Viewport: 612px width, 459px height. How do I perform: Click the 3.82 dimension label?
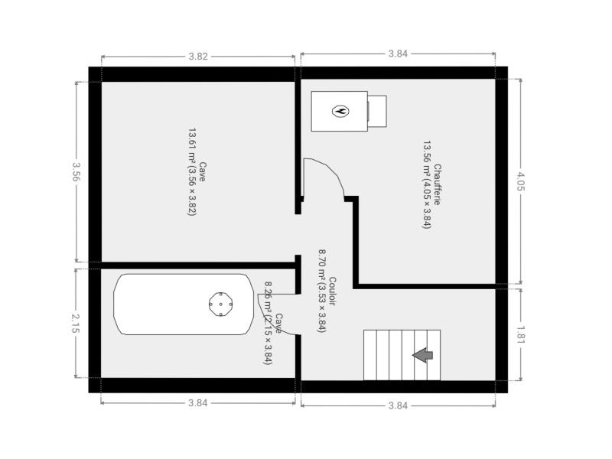(198, 57)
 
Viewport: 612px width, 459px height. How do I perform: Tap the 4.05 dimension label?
(522, 182)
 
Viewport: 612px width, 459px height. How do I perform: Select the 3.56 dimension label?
(76, 171)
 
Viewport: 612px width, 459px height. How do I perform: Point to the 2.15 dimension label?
(76, 324)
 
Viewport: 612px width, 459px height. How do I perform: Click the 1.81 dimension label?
(522, 335)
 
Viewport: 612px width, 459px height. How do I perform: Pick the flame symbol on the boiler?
(340, 111)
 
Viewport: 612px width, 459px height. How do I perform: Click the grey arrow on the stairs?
(423, 355)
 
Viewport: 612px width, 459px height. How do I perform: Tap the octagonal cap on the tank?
(220, 304)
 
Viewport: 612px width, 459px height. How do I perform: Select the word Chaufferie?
(438, 184)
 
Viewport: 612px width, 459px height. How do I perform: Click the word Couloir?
(332, 291)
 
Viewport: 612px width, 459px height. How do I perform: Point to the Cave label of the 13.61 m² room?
(202, 171)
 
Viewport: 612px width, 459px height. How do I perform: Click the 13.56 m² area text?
(427, 185)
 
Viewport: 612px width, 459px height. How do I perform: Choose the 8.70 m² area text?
(321, 291)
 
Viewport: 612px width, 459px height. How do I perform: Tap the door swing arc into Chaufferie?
(328, 171)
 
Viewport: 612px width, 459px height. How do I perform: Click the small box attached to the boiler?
(377, 111)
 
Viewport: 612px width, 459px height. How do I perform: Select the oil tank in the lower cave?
(184, 304)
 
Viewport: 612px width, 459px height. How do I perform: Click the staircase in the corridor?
(402, 355)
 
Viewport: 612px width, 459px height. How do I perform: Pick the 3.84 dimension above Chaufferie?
(398, 54)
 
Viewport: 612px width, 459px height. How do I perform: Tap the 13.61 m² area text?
(191, 171)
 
